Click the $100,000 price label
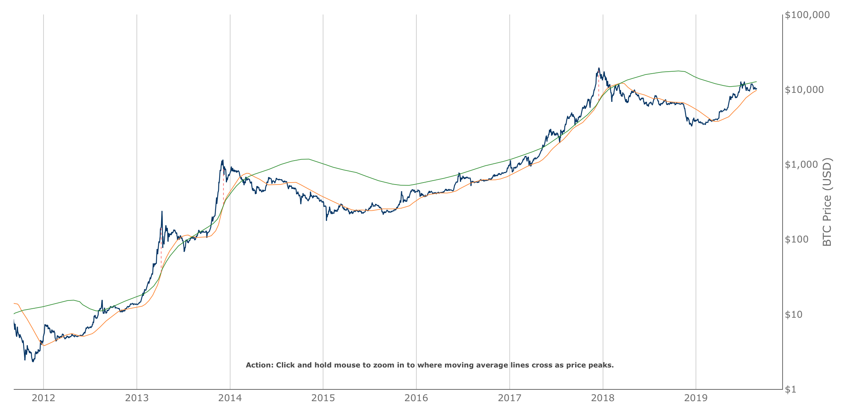pos(807,15)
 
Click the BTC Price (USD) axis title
pos(827,202)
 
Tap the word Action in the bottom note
pos(259,365)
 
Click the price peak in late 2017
pos(599,68)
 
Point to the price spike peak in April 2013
pos(162,212)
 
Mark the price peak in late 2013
pos(222,160)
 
